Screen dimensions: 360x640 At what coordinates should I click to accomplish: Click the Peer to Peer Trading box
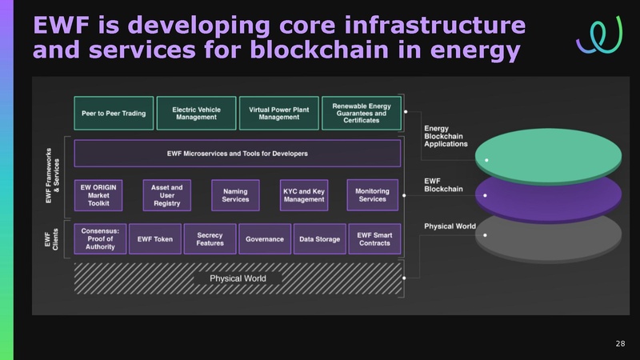114,114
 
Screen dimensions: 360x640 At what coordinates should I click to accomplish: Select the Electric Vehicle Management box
196,114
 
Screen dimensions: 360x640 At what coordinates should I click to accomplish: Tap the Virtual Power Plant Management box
278,114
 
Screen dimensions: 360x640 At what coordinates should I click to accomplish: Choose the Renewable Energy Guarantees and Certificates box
361,114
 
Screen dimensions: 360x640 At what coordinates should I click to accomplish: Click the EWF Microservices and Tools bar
237,153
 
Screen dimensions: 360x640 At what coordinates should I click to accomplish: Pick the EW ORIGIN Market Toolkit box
99,194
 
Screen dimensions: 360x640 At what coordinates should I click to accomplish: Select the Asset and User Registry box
166,194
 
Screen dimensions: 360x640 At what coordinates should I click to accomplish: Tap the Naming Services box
235,194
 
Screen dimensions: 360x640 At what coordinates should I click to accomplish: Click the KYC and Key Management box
304,194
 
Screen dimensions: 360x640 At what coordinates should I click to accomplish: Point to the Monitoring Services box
372,194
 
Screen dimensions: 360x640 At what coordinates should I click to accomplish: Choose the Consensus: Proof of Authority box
100,238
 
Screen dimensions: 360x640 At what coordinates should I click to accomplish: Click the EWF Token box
154,239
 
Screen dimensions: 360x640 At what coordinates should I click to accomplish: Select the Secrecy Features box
210,238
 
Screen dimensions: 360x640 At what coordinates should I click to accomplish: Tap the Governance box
265,239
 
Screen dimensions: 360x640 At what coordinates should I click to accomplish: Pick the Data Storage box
319,239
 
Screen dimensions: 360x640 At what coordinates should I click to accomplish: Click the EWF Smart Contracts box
374,238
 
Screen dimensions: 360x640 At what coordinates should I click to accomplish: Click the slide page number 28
620,344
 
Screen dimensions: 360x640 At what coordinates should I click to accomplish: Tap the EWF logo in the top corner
599,34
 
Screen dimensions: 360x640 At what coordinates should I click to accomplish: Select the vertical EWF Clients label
47,238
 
